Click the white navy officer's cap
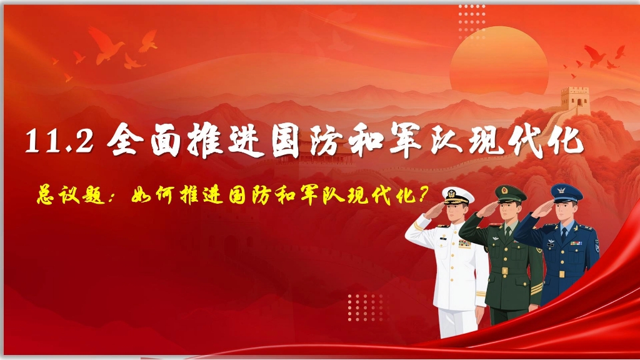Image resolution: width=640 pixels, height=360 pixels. (458, 195)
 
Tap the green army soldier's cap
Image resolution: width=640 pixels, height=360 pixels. (510, 193)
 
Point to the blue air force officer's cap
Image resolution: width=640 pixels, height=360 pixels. (566, 192)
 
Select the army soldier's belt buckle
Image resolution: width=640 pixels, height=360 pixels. (504, 271)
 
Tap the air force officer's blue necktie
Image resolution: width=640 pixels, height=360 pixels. (564, 235)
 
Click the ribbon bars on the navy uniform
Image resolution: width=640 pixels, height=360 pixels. (464, 244)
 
